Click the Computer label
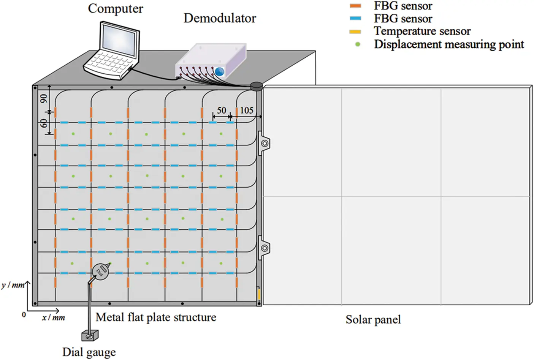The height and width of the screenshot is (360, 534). [116, 8]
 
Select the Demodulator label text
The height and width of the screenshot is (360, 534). [220, 18]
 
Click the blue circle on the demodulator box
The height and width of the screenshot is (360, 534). [219, 71]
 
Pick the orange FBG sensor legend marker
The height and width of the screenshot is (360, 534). [355, 6]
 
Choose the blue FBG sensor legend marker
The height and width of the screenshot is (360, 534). [355, 19]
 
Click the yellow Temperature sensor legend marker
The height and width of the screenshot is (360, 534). [355, 32]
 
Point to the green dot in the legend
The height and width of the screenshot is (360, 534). [357, 44]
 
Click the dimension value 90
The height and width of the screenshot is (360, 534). [44, 99]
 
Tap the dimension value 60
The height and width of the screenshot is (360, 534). [44, 123]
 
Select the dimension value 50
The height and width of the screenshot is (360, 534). [221, 111]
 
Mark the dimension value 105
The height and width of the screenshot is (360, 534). [246, 111]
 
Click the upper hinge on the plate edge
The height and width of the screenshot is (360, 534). [264, 144]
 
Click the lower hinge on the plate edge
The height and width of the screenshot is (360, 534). [264, 248]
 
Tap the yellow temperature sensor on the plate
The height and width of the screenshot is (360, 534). [259, 294]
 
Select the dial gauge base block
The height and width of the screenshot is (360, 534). [90, 335]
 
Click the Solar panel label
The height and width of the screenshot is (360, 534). [373, 320]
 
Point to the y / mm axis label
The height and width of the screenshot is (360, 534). [13, 285]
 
